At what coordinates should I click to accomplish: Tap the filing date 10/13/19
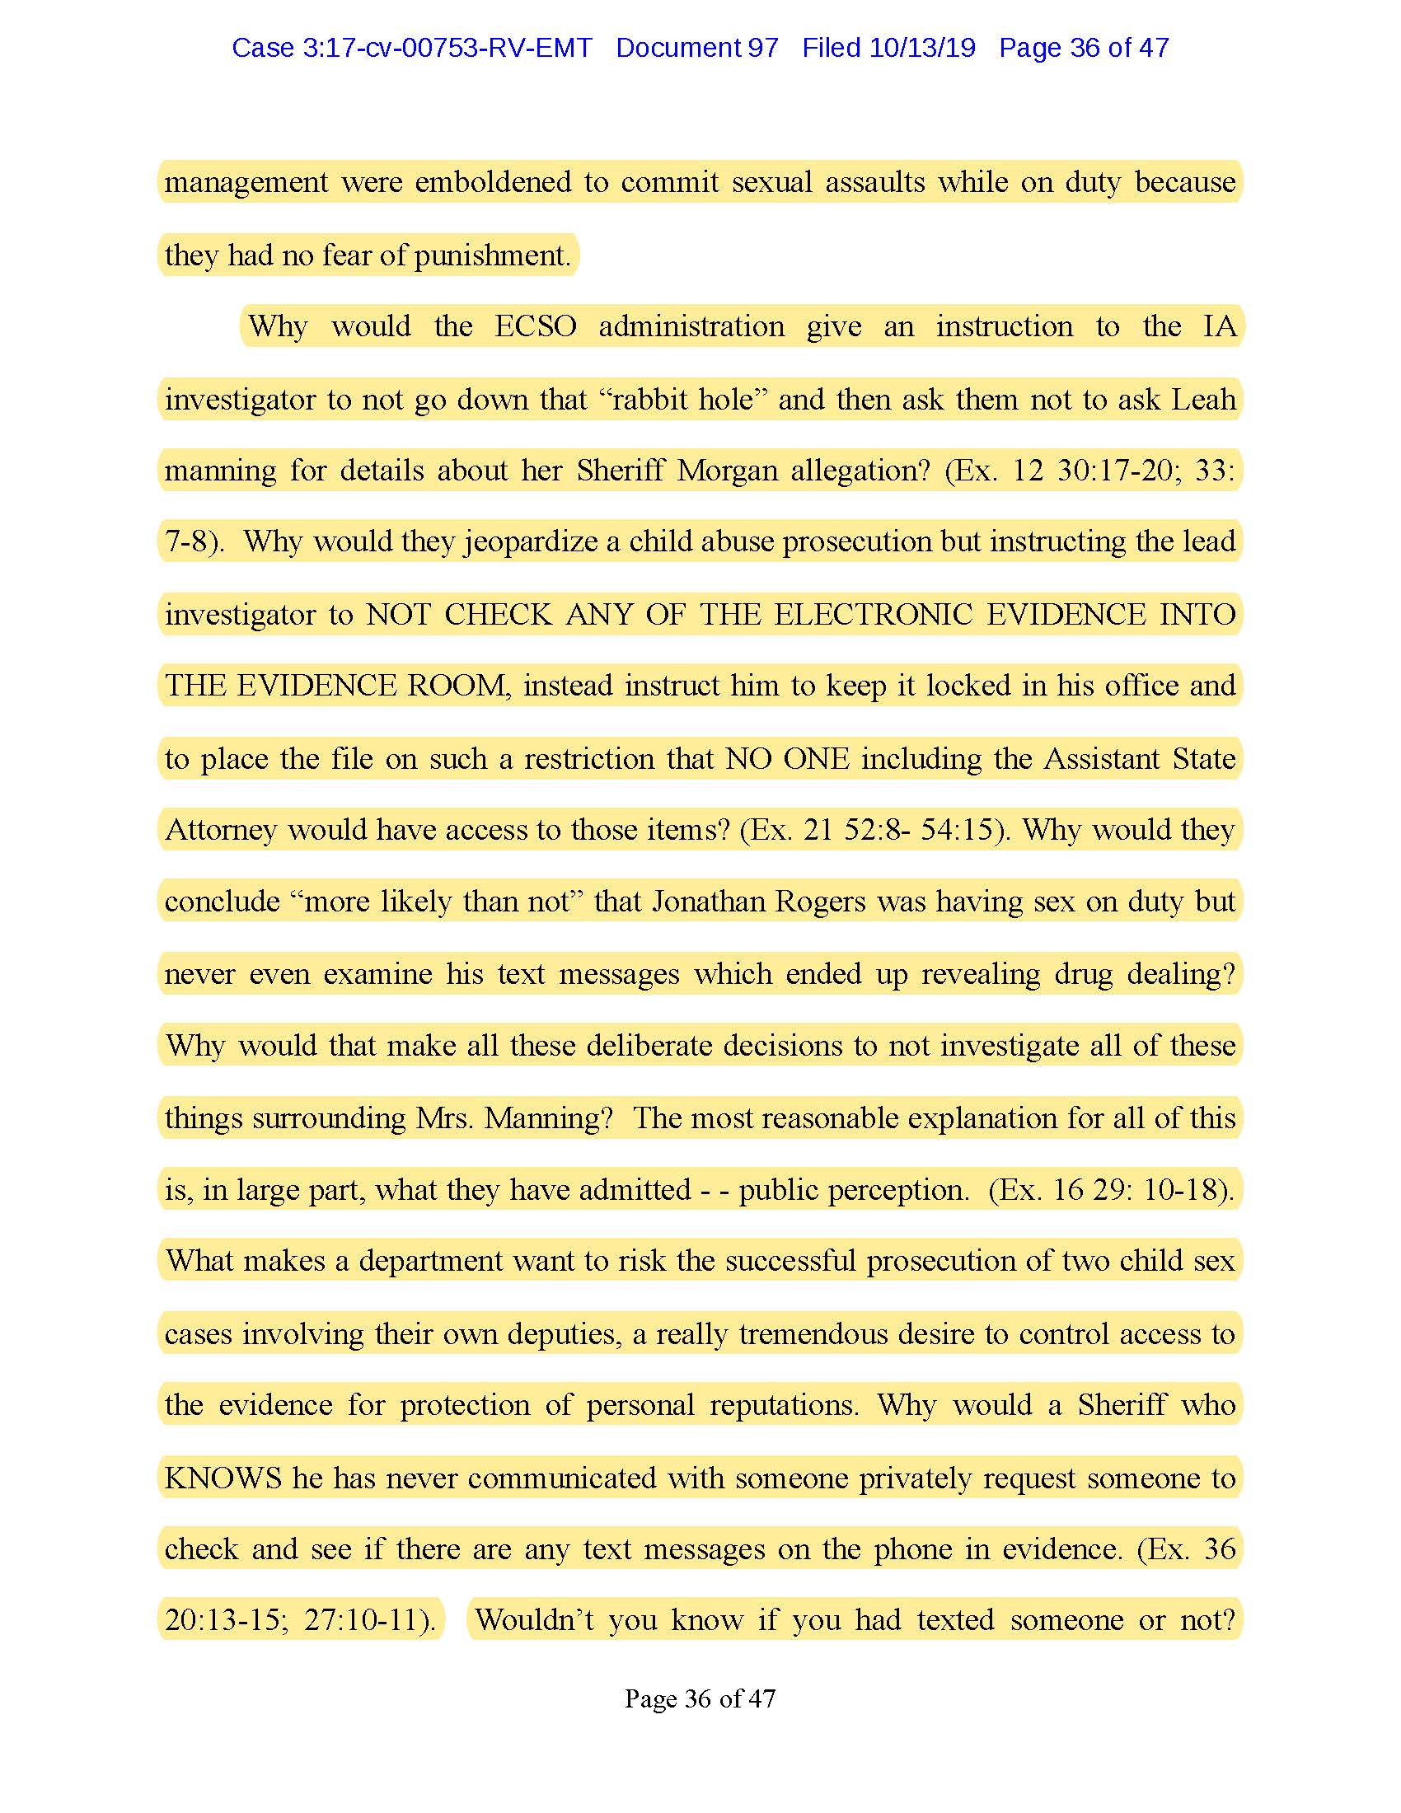click(x=922, y=48)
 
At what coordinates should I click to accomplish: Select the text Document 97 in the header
click(x=697, y=48)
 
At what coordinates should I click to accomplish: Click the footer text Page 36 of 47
click(x=700, y=1698)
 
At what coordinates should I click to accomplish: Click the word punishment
click(x=491, y=255)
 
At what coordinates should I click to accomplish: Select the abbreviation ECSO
click(x=536, y=326)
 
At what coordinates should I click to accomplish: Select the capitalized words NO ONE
click(x=787, y=759)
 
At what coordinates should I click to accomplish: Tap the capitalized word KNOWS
click(x=223, y=1478)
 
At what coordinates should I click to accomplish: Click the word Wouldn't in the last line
click(x=535, y=1620)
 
